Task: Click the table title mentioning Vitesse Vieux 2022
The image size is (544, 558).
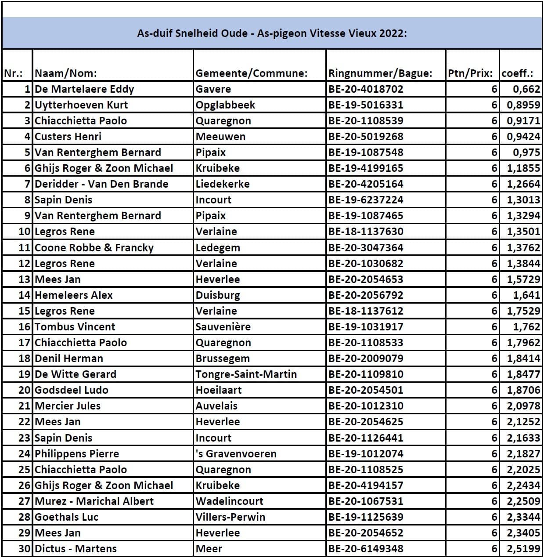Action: [272, 33]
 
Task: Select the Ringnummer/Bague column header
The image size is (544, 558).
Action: [380, 73]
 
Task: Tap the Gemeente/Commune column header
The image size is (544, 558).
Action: [251, 73]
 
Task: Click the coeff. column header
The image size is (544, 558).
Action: [517, 73]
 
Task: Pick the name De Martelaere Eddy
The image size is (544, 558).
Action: [84, 89]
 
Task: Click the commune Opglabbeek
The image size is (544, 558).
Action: [225, 105]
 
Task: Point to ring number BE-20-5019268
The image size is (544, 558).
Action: [366, 137]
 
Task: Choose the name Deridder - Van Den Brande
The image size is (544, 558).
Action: [101, 184]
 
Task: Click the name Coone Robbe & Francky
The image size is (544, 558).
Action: [94, 248]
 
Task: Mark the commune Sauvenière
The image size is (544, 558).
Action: [223, 327]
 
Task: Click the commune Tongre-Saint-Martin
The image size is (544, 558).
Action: [246, 374]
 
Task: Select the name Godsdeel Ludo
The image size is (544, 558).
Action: [71, 390]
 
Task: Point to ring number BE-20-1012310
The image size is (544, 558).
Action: [366, 406]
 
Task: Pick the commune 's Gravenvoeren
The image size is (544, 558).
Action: [236, 454]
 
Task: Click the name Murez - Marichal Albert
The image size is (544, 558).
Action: [94, 501]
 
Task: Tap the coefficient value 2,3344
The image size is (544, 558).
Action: [523, 517]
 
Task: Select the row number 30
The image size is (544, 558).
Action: [25, 549]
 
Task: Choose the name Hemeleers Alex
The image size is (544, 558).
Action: [73, 295]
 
